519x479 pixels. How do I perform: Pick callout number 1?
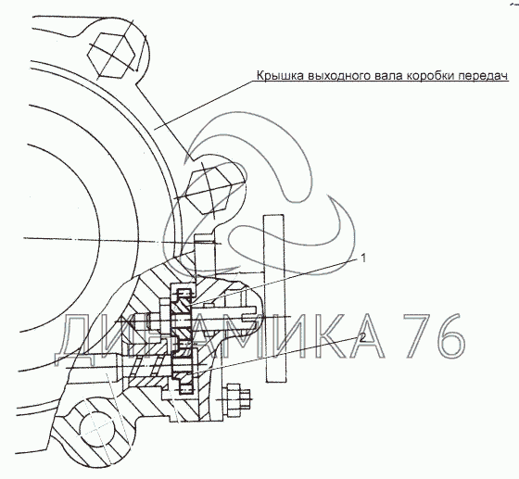(x=363, y=258)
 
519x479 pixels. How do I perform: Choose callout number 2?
(x=363, y=337)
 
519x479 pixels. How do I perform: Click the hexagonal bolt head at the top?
(x=111, y=55)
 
